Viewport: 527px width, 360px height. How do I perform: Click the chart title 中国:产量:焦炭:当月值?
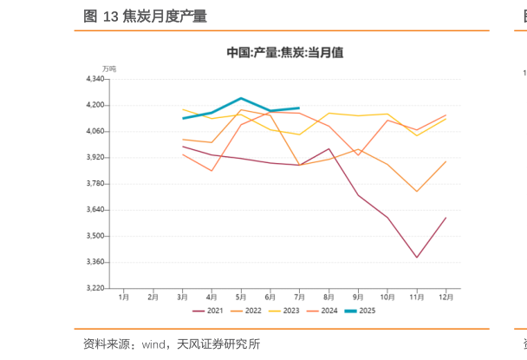[285, 53]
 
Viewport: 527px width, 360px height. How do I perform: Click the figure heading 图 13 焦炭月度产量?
[145, 16]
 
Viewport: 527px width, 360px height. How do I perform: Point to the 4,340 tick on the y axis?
[94, 79]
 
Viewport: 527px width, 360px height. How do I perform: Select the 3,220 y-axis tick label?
[94, 288]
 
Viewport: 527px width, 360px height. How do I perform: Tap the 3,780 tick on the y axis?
[94, 184]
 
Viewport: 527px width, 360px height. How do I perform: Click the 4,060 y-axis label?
[94, 131]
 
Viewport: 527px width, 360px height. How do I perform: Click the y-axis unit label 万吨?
[108, 68]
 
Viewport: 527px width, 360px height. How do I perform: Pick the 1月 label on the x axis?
[123, 297]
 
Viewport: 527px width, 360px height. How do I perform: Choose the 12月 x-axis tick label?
[446, 297]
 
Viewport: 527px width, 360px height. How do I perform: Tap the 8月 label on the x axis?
[329, 297]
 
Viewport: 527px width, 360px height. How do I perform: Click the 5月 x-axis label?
[241, 297]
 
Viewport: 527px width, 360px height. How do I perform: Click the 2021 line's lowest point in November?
[417, 258]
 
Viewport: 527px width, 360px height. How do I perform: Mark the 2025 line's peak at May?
[241, 98]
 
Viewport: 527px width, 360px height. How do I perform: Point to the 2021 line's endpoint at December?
[446, 218]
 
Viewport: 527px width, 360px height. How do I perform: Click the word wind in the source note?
[153, 344]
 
